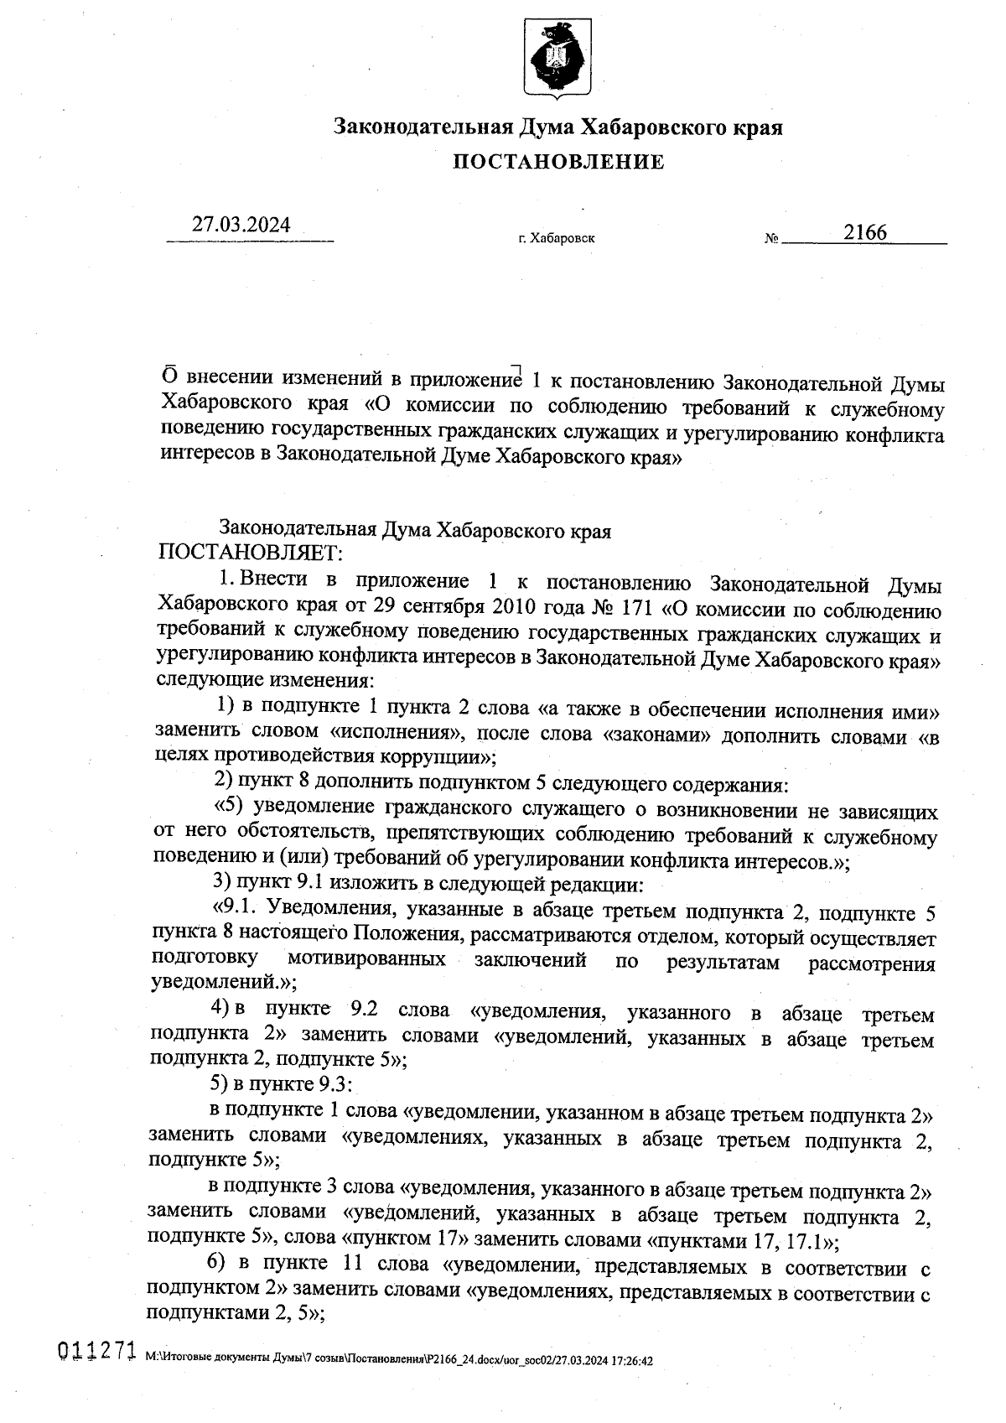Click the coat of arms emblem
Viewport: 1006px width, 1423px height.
point(552,56)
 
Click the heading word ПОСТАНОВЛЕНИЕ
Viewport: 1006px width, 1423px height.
point(558,162)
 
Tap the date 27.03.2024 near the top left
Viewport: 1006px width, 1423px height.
point(241,225)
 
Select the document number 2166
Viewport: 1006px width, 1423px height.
point(865,232)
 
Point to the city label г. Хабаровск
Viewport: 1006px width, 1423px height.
point(557,239)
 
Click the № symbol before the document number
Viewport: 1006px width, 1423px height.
point(771,239)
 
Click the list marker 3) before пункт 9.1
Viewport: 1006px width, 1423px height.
point(222,883)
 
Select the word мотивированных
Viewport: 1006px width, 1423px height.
point(366,958)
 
